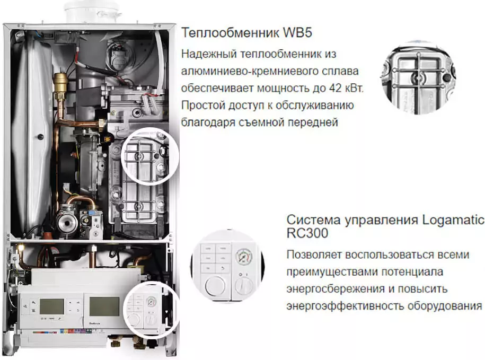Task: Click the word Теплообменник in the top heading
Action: (231, 32)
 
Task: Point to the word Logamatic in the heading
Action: (453, 220)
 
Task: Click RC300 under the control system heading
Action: (307, 233)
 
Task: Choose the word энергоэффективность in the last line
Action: (345, 306)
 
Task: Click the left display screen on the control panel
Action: (51, 306)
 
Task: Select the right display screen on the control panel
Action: (104, 306)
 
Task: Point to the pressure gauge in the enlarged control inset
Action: (244, 257)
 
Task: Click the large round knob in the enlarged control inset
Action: (215, 285)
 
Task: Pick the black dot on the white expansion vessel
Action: (40, 136)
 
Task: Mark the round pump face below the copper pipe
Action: (66, 222)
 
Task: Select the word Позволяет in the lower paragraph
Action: (314, 255)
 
